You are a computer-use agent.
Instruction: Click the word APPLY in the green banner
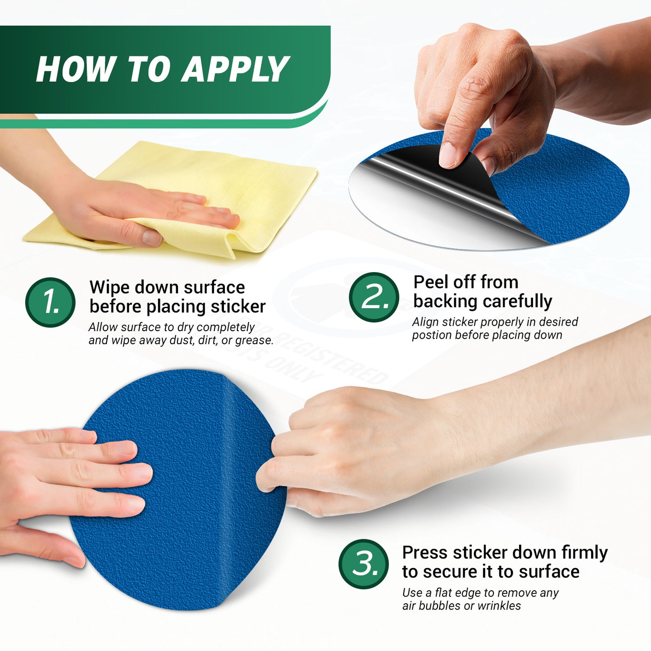[x=235, y=69]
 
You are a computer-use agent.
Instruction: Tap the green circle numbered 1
[x=50, y=302]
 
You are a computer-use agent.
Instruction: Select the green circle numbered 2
[x=373, y=297]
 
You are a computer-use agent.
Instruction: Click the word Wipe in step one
[x=110, y=288]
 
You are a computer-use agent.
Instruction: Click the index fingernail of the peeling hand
[x=448, y=155]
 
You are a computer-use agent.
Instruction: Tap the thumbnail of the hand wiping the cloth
[x=152, y=238]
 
